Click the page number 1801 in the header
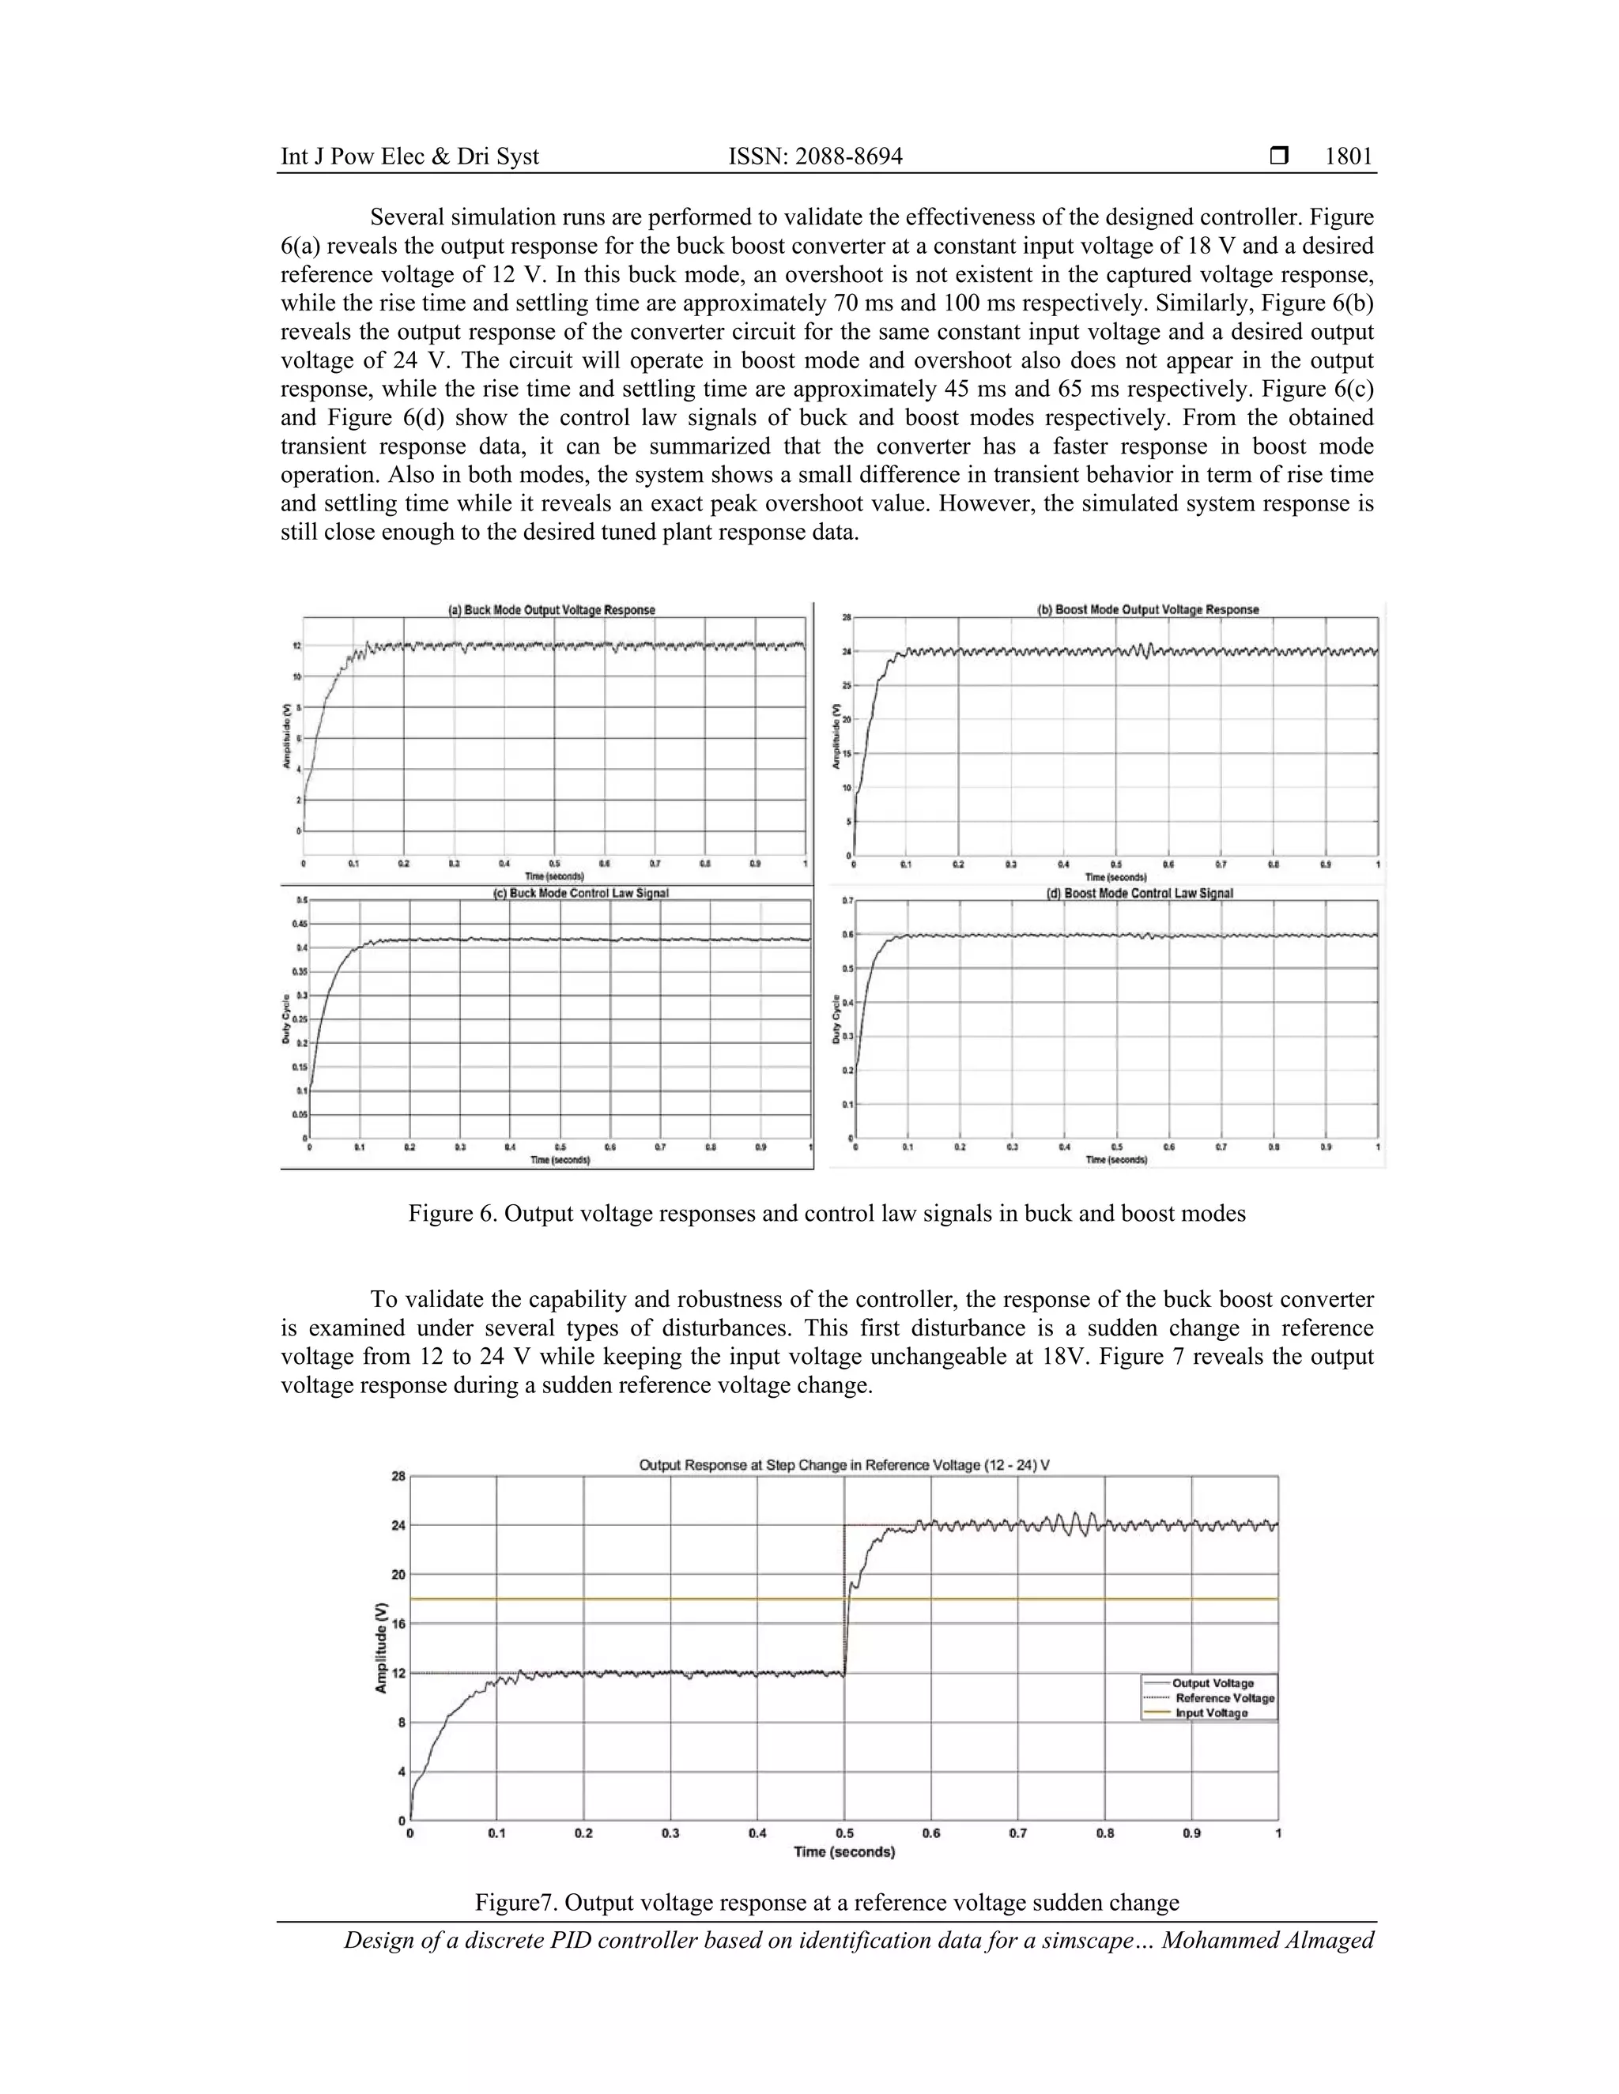pos(1349,157)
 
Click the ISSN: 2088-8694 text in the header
pos(815,157)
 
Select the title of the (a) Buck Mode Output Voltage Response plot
pos(553,610)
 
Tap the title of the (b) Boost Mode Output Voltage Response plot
pos(1148,610)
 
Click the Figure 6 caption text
pos(827,1214)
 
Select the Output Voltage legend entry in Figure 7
pos(1213,1682)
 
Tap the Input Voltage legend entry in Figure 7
pos(1211,1713)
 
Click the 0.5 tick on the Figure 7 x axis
pos(844,1833)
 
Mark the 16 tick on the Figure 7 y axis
pos(397,1624)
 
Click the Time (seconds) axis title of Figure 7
pos(844,1852)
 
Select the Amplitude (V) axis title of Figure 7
pos(382,1648)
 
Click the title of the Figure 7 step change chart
pos(844,1465)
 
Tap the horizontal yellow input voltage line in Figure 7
pos(624,1599)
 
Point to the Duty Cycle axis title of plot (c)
pos(288,1019)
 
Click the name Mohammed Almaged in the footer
pos(1268,1941)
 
